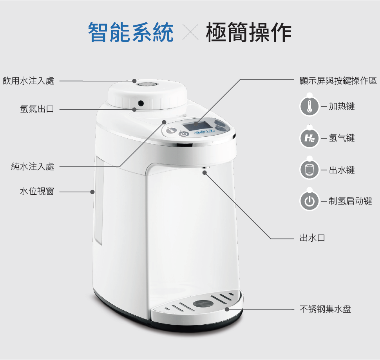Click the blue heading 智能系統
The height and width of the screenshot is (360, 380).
click(130, 32)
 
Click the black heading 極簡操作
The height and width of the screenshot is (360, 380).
click(248, 32)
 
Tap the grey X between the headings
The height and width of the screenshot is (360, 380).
click(190, 32)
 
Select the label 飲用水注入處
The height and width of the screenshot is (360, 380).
click(28, 81)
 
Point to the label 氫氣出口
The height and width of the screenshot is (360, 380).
click(37, 109)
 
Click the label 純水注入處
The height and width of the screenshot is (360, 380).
click(33, 166)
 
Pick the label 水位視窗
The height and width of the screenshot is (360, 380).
click(37, 192)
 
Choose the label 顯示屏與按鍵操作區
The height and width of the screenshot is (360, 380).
click(338, 81)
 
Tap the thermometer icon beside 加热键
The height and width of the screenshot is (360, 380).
click(309, 106)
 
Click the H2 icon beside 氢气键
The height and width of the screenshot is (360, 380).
click(309, 138)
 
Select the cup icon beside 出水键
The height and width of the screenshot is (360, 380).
click(309, 170)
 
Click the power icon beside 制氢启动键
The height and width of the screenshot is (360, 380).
click(309, 201)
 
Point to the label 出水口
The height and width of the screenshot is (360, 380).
click(312, 238)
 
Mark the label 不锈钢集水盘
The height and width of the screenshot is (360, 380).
click(325, 309)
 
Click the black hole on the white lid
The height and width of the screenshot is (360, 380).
click(141, 103)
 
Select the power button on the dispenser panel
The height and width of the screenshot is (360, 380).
click(184, 134)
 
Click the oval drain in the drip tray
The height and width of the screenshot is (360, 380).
click(203, 303)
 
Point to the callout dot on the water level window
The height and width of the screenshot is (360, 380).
click(92, 192)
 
